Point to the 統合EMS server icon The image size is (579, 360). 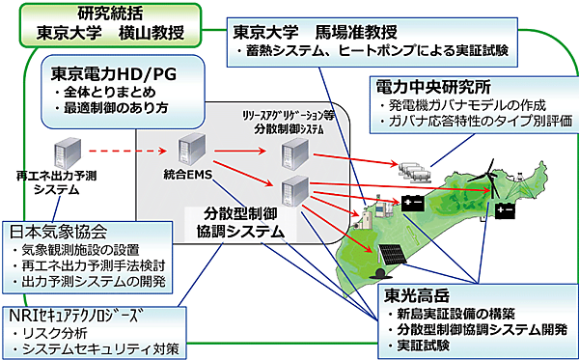[188, 150]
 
